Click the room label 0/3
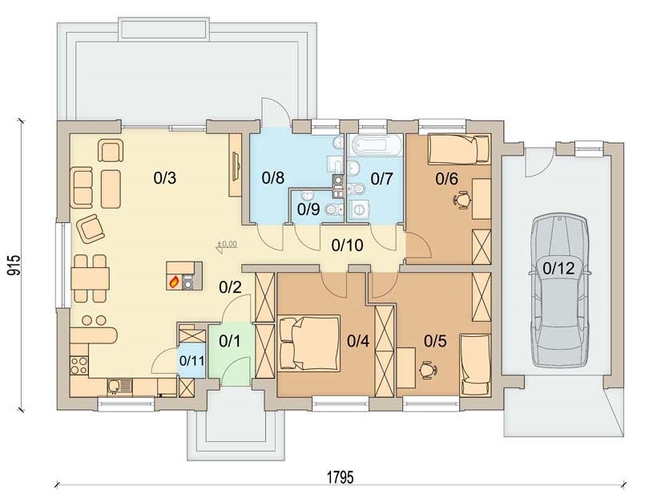tap(165, 178)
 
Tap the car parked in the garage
tap(560, 290)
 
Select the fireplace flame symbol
tap(174, 282)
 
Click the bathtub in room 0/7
tap(377, 145)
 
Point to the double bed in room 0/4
tap(309, 343)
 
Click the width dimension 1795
tap(341, 477)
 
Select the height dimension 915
tap(14, 266)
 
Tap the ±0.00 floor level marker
tap(227, 245)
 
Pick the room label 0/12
tap(558, 269)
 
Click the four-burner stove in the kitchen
tap(79, 366)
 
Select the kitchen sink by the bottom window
tap(119, 386)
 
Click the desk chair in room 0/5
tap(429, 370)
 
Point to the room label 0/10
tap(347, 245)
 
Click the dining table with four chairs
tap(90, 278)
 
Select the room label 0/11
tap(191, 360)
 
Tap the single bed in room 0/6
tap(459, 149)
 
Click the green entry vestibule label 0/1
tap(229, 341)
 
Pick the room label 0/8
tap(273, 178)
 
